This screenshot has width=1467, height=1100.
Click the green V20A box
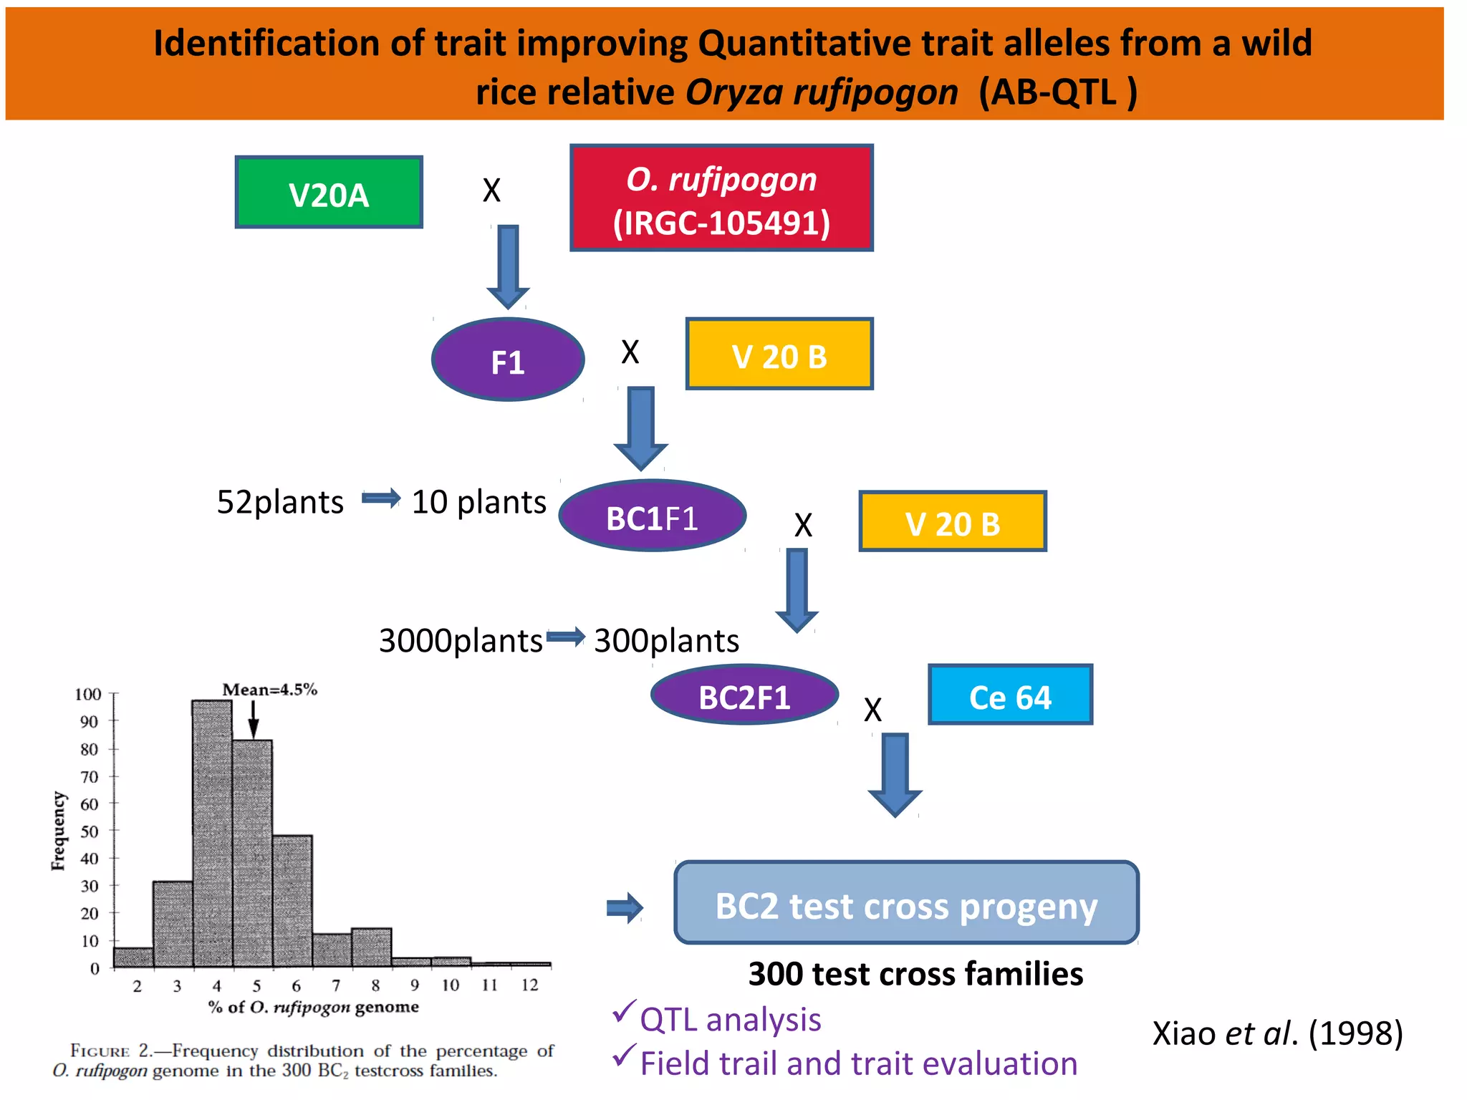tap(329, 193)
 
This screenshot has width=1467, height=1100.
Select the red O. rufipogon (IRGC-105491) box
tap(721, 198)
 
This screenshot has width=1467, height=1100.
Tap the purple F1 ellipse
tap(508, 360)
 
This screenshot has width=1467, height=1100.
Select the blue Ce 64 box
tap(1010, 695)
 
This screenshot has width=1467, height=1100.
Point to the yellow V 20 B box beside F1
tap(779, 354)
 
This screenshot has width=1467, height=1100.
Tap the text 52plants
tap(280, 502)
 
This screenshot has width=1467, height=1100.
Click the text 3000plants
tap(460, 640)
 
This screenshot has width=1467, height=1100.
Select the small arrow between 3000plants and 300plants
tap(566, 636)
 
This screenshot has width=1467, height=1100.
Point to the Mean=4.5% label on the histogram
tap(269, 690)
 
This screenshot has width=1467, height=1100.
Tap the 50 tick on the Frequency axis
tap(90, 831)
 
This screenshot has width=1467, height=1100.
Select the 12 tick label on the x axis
tap(529, 985)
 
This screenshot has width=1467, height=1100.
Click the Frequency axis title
tap(58, 831)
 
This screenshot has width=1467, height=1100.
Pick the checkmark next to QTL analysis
tap(623, 1011)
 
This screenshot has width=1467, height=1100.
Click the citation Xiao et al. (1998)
tap(1277, 1033)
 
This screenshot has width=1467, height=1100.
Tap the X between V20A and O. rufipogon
tap(491, 190)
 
